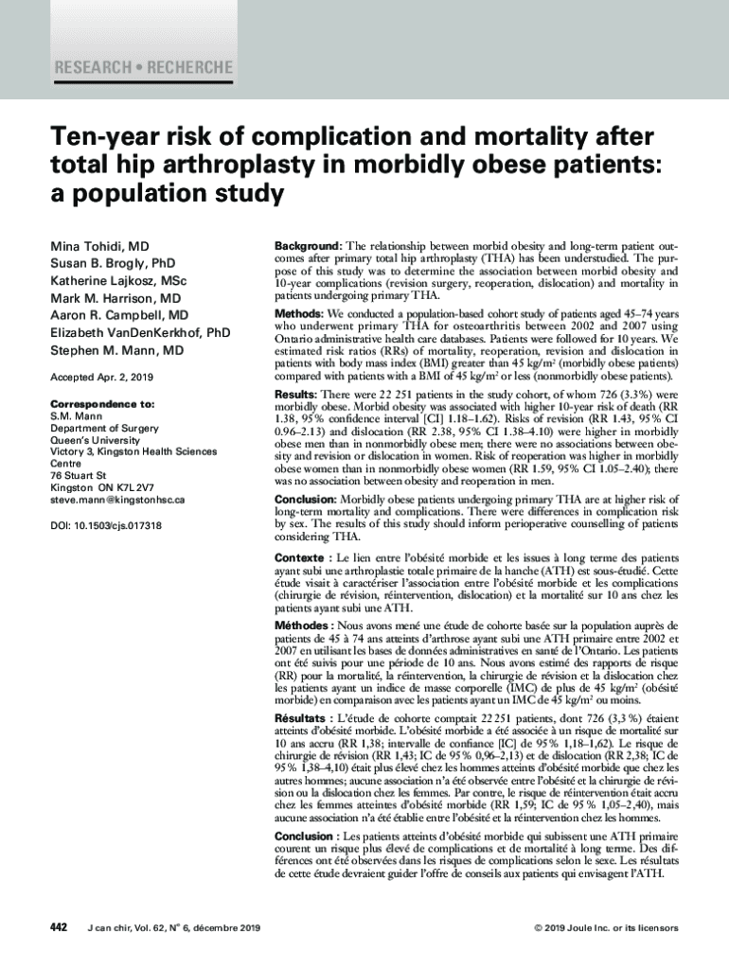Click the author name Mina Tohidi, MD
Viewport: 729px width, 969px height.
(99, 246)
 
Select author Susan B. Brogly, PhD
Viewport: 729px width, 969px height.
(113, 263)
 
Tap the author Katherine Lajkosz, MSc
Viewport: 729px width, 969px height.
(118, 281)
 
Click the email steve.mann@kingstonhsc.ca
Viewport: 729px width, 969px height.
(116, 499)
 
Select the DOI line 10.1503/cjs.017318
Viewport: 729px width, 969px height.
(105, 525)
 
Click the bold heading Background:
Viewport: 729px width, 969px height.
(309, 245)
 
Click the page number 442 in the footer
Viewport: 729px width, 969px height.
(59, 927)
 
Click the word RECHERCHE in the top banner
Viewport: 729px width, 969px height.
(188, 68)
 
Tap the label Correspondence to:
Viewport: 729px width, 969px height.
(102, 403)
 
